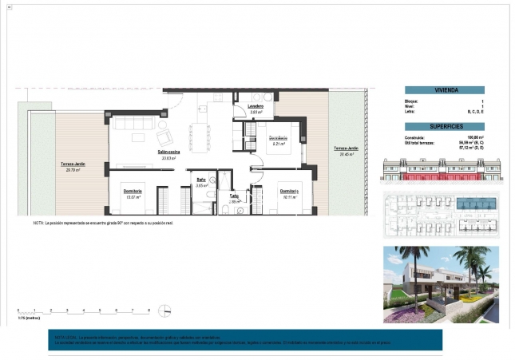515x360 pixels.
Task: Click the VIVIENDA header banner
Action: tap(444, 90)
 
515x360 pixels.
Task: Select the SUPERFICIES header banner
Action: tap(444, 126)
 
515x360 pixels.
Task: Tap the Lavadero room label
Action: tap(256, 106)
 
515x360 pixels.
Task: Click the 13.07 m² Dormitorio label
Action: tap(133, 192)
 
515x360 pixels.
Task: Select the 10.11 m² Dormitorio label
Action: tap(288, 192)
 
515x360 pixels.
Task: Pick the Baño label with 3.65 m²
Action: tap(202, 180)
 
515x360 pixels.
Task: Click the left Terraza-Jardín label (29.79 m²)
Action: tap(73, 164)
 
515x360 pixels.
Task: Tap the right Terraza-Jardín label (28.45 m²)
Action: tap(345, 150)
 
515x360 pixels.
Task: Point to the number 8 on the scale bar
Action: tap(149, 309)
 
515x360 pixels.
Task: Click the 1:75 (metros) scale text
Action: tap(28, 318)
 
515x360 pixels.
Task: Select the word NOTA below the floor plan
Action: tap(38, 224)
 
